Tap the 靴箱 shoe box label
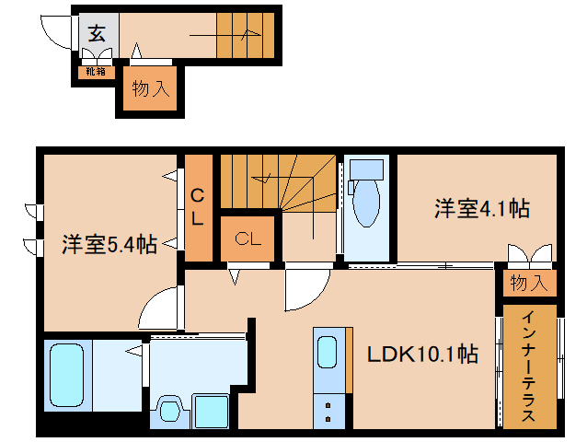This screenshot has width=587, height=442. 96,71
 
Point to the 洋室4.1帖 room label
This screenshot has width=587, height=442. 481,209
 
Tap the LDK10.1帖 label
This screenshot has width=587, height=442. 422,354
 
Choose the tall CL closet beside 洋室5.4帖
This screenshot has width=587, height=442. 198,207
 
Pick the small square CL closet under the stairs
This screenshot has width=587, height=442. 247,239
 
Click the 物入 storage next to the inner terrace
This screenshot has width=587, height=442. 528,283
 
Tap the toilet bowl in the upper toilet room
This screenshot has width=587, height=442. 366,204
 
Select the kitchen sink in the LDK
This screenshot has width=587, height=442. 328,352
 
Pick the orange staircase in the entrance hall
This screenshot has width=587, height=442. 246,35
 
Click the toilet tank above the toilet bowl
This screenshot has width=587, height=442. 366,169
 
